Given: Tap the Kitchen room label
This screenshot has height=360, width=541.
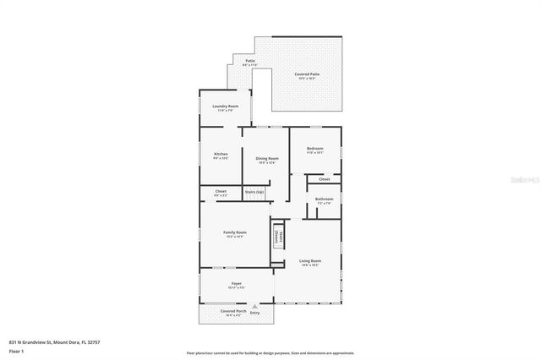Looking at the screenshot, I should (x=221, y=154).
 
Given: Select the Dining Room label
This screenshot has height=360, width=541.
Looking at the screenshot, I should (x=267, y=158).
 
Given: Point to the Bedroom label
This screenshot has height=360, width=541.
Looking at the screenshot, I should (x=315, y=149).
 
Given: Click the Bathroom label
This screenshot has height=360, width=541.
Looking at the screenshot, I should (x=325, y=199).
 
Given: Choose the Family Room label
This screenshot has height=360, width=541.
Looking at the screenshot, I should (x=234, y=232).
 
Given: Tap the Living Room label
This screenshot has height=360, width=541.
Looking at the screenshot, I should (x=310, y=261).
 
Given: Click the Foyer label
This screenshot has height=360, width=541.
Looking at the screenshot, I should (x=237, y=284).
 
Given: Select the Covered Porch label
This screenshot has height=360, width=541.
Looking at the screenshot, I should (x=233, y=311).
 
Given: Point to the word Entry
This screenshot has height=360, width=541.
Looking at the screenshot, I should (x=254, y=314).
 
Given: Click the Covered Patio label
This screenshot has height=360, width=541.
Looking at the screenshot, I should (x=307, y=74).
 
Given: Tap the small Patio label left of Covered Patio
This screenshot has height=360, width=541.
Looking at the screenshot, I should (x=250, y=61).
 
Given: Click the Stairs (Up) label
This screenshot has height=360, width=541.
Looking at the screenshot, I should (x=254, y=192).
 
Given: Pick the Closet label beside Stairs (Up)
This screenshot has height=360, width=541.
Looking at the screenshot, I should (x=221, y=192).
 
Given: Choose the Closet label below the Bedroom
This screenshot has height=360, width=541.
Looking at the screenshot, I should (x=324, y=179).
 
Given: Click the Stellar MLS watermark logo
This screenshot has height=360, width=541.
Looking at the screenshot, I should (x=524, y=179).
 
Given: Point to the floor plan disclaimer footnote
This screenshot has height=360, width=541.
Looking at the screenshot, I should (x=270, y=352).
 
